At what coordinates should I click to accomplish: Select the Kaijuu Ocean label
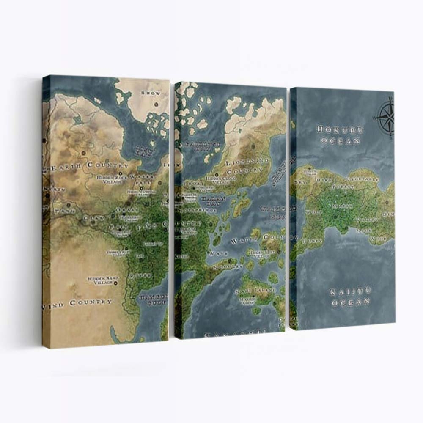point(350,297)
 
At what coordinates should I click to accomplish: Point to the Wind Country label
point(77,303)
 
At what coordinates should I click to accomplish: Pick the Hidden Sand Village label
point(100,280)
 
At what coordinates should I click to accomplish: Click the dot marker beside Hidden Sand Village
point(116,283)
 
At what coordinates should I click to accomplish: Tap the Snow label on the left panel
point(151,93)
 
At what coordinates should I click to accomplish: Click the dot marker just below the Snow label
point(156,104)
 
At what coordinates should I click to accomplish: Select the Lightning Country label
point(247,167)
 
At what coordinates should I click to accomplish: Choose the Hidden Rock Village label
point(111,179)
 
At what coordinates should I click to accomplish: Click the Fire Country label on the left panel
point(152,227)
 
